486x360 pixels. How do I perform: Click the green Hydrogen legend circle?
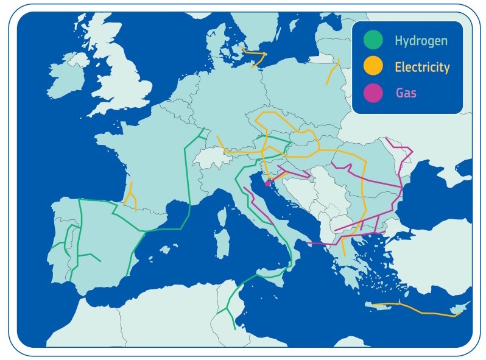pos(373,41)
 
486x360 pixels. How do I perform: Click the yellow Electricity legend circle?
pos(373,67)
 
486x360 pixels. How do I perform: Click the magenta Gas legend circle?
pos(373,93)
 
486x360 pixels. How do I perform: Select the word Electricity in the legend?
pos(422,67)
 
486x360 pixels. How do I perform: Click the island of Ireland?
pos(66,78)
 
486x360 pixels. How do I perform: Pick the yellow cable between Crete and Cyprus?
pos(420,311)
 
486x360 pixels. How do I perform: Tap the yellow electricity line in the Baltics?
pos(333,72)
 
